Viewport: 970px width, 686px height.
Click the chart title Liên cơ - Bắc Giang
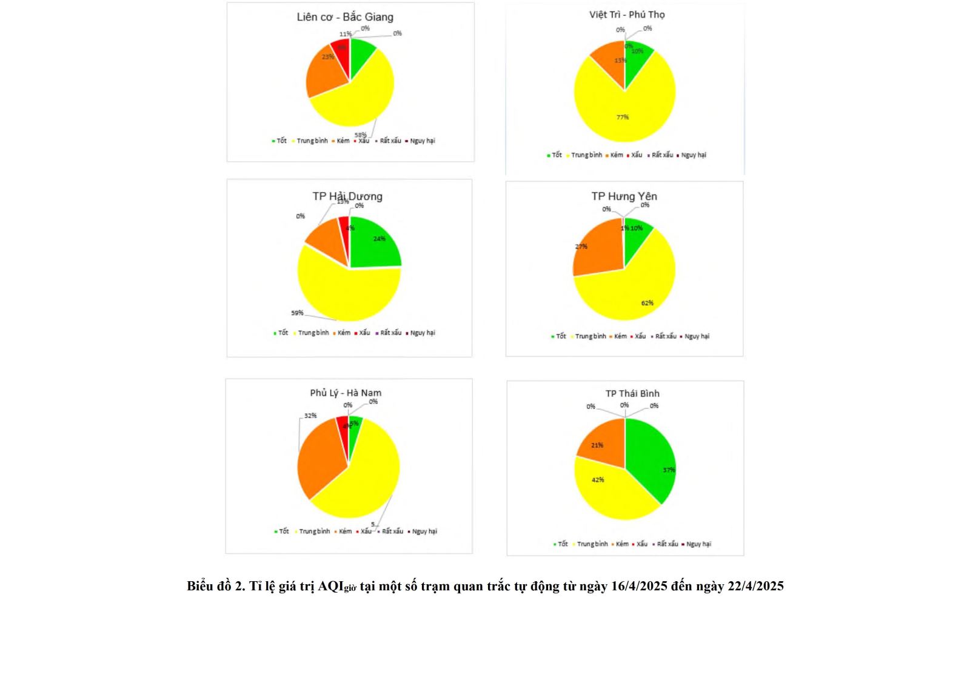point(345,17)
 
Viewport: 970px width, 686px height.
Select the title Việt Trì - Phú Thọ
point(627,15)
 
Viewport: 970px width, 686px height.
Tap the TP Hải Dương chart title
point(347,196)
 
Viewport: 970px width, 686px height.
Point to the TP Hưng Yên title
point(624,196)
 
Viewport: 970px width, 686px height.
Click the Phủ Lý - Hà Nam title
point(346,393)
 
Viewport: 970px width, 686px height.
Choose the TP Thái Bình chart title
point(632,393)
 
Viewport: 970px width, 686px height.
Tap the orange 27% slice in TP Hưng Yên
point(597,248)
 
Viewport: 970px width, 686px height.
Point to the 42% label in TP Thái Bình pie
point(598,480)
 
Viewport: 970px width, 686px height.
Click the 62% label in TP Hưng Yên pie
point(647,303)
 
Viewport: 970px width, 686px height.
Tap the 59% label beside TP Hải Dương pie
point(297,313)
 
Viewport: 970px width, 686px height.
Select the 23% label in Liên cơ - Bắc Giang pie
point(328,57)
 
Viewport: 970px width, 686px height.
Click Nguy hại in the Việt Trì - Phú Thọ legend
point(694,155)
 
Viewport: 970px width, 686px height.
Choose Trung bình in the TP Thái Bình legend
point(592,544)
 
